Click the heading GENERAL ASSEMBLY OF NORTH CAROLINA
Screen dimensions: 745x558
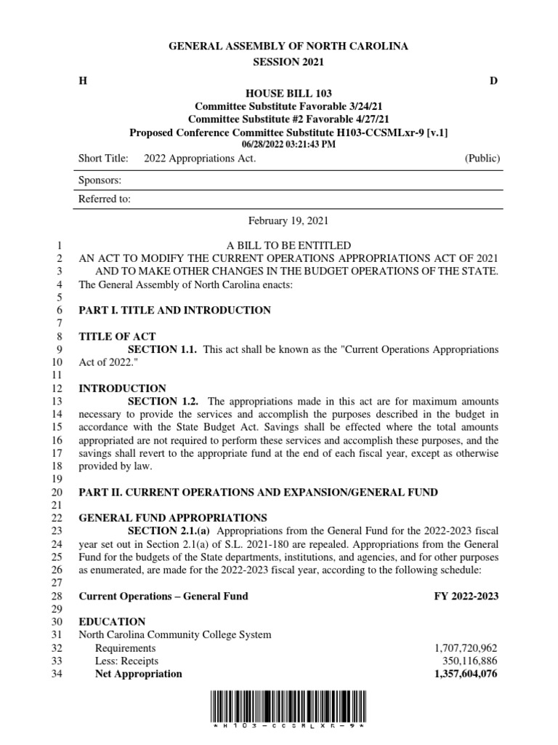(x=288, y=46)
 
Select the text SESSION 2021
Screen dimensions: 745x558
(x=288, y=63)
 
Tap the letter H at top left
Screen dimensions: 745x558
(x=82, y=81)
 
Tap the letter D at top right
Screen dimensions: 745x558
(x=493, y=81)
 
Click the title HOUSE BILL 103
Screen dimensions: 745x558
(x=288, y=94)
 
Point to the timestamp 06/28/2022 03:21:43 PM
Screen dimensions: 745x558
(x=288, y=144)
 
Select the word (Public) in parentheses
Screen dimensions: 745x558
(x=481, y=159)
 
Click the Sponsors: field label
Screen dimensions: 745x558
(x=100, y=180)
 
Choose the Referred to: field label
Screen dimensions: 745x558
(x=105, y=199)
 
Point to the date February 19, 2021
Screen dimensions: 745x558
(x=288, y=220)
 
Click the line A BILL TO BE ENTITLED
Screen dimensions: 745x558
(x=288, y=245)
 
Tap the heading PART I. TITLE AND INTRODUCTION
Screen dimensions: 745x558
(x=174, y=311)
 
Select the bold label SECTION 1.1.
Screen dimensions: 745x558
(x=163, y=350)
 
